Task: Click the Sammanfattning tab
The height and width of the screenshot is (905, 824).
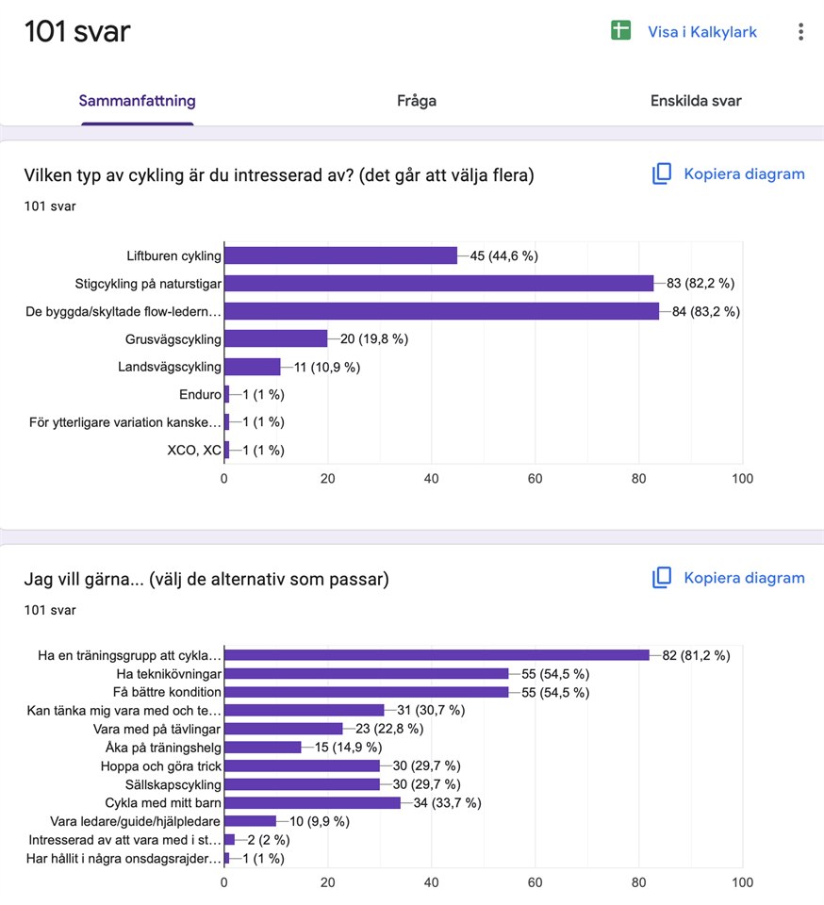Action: (x=138, y=101)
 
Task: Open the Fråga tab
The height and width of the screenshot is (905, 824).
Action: (x=417, y=101)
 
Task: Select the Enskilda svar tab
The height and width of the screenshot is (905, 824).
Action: (x=696, y=101)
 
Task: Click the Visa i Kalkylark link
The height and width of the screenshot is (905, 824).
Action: (x=702, y=32)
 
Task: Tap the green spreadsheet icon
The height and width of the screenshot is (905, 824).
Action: (x=621, y=30)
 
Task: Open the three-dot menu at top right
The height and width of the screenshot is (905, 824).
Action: (x=801, y=32)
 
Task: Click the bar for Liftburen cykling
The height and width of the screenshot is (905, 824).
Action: (x=340, y=255)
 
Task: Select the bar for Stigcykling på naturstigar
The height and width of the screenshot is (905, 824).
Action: (x=439, y=284)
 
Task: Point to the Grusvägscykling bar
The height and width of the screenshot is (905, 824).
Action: (x=276, y=338)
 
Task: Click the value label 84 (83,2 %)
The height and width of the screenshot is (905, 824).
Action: (x=706, y=312)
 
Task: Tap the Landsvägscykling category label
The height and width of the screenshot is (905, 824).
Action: (x=170, y=367)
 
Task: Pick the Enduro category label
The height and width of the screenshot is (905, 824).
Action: (x=200, y=395)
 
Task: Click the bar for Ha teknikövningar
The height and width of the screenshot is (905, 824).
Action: (x=367, y=673)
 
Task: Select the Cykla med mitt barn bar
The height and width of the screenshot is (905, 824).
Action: (x=312, y=803)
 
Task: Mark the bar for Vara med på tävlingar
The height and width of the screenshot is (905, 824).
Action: (x=284, y=729)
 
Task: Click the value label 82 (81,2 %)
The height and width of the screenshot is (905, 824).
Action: (x=696, y=656)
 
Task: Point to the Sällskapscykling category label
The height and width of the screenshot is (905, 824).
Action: (x=173, y=785)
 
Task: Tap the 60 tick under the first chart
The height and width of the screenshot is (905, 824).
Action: (x=535, y=479)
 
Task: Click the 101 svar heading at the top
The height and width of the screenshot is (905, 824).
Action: (x=77, y=31)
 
